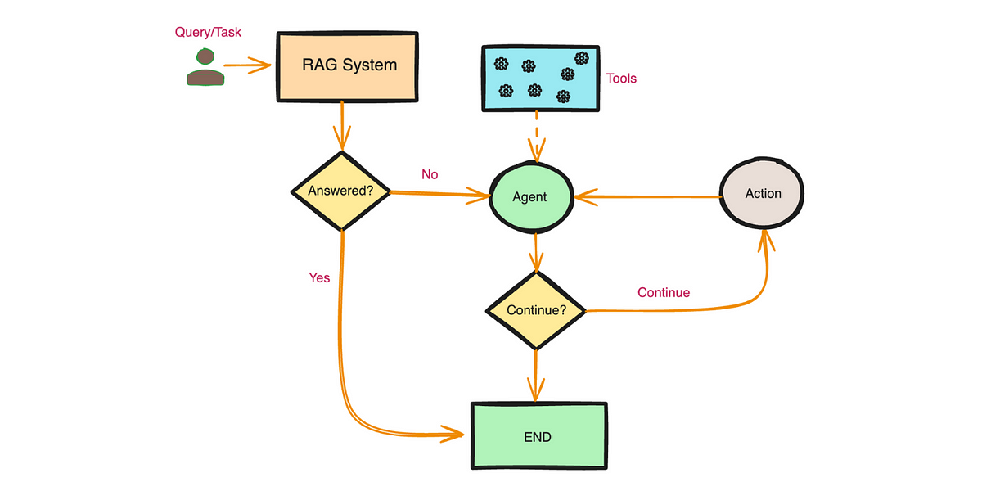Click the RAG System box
(x=347, y=66)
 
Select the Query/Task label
(x=208, y=33)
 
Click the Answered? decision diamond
(x=341, y=191)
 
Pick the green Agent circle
(x=531, y=197)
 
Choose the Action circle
(x=762, y=193)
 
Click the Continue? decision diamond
(x=536, y=310)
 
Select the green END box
(x=539, y=435)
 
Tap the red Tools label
(x=621, y=79)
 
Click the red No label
(x=430, y=174)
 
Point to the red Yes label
(x=319, y=277)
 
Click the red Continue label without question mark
(x=664, y=292)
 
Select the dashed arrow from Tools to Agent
(x=537, y=137)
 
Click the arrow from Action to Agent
(x=648, y=197)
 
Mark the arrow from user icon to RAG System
(x=248, y=65)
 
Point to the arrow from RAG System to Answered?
(x=342, y=126)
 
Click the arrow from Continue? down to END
(x=535, y=376)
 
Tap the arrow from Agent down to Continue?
(x=536, y=253)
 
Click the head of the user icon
(x=205, y=56)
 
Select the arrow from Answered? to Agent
(x=439, y=194)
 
